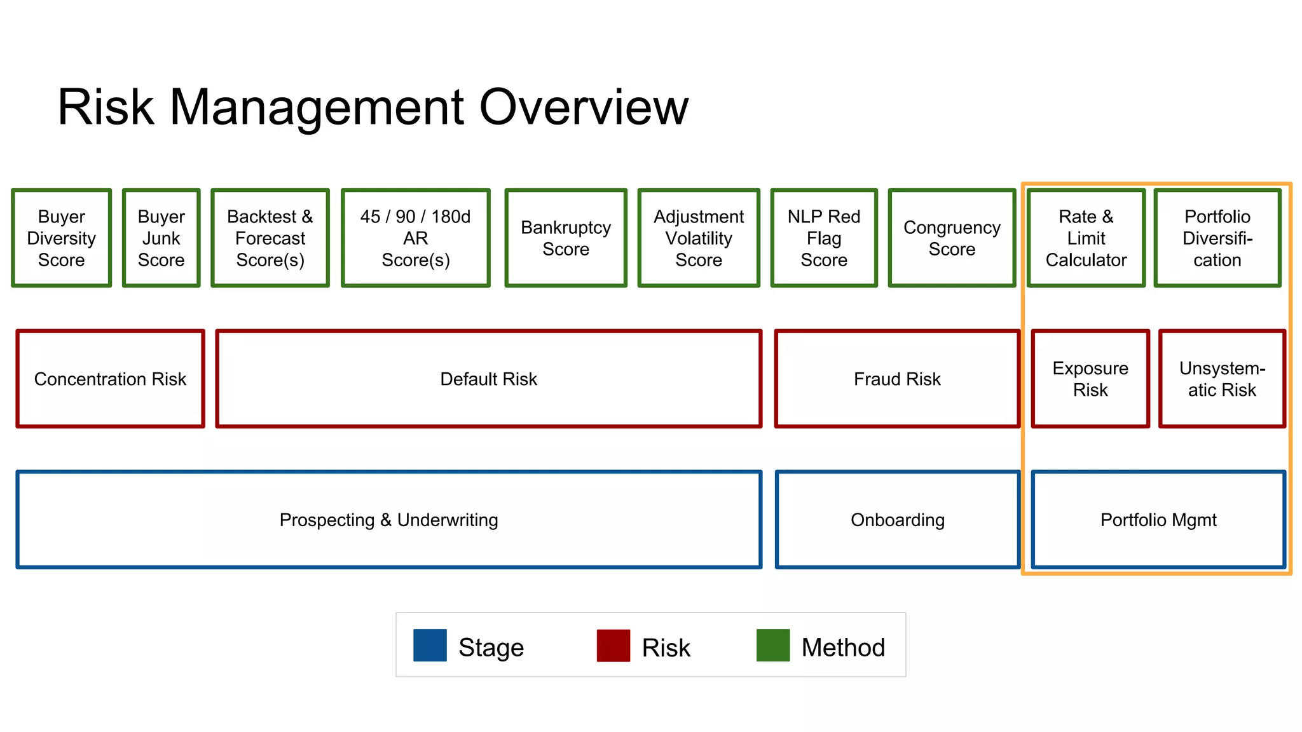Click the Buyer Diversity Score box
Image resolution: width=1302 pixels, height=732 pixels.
62,238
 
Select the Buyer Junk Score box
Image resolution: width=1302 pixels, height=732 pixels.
161,238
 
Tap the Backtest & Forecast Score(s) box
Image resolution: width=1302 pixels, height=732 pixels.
270,238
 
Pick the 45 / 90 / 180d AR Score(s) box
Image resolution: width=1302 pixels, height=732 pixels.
416,238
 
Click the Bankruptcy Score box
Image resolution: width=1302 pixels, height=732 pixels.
566,238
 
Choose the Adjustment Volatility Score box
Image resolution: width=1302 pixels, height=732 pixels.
699,238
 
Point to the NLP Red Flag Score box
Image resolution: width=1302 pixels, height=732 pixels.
824,238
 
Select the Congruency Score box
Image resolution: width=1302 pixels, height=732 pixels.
952,238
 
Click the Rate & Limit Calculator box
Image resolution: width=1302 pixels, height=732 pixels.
1086,238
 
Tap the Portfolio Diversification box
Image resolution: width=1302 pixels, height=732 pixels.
1217,238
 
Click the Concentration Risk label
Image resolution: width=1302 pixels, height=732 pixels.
110,379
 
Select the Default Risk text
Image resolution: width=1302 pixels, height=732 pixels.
488,379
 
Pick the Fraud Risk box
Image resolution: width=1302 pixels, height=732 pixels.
897,379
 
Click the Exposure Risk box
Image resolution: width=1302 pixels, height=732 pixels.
1090,379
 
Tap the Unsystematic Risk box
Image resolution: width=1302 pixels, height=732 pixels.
1222,379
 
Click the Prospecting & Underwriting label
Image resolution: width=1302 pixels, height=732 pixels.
388,520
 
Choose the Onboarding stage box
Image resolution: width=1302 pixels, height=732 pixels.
897,520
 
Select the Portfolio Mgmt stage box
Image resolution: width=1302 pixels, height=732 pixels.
1158,520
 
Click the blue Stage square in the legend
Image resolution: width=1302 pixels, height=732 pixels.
430,646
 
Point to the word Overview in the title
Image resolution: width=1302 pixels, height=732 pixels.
583,107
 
